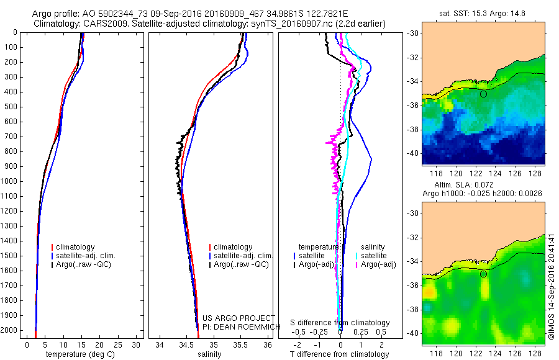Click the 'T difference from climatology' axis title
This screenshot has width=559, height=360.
point(340,354)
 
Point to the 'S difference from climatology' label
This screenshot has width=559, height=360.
point(340,323)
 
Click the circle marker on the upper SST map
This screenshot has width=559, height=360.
point(483,94)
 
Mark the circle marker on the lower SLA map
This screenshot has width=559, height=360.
point(483,274)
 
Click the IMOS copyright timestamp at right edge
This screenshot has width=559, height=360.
point(551,286)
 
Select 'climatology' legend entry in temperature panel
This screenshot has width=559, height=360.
point(75,247)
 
